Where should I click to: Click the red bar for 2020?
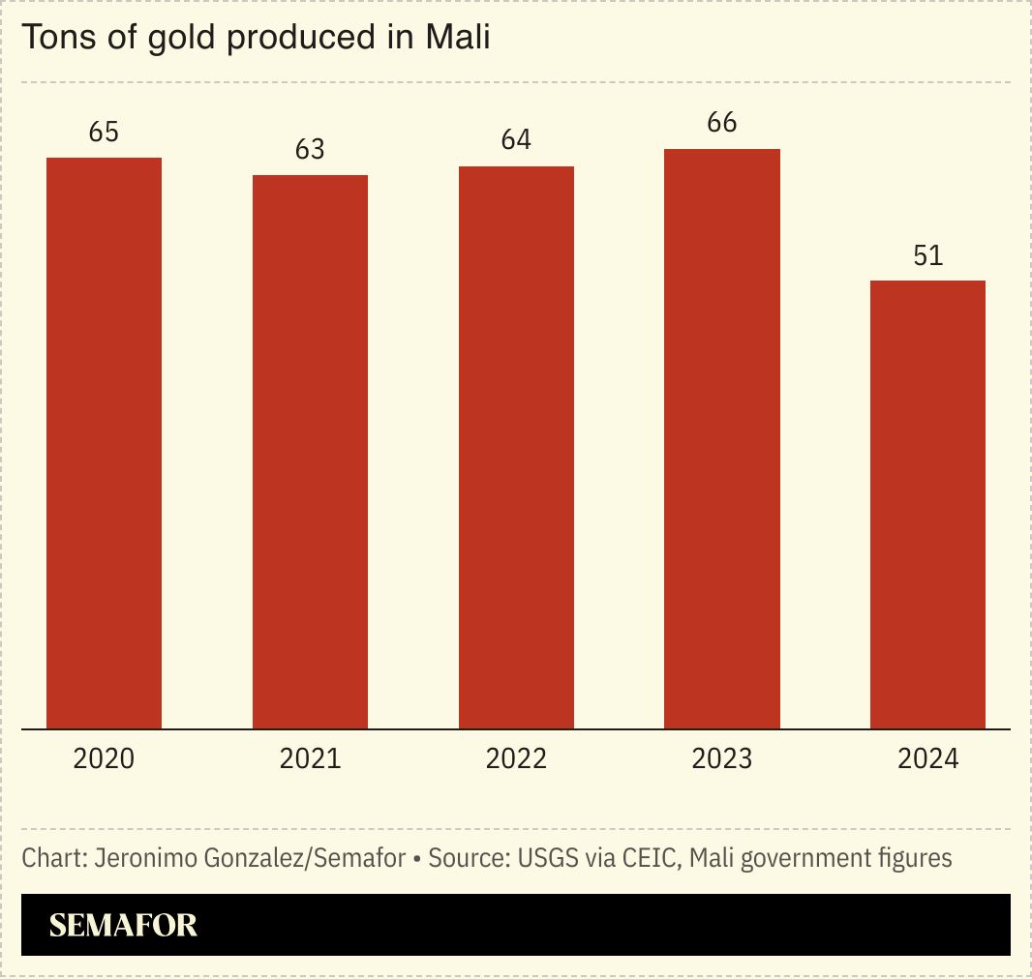click(x=105, y=443)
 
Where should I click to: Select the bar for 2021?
click(x=310, y=452)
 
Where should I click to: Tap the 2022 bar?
click(x=516, y=447)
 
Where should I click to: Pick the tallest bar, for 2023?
click(x=722, y=438)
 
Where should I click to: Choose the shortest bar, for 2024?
click(x=927, y=504)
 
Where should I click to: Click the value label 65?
click(x=104, y=133)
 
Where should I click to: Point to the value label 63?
click(x=310, y=150)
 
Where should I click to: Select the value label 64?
click(x=516, y=140)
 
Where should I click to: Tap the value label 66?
click(x=722, y=123)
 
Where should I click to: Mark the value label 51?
click(x=927, y=255)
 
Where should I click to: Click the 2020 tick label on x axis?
click(x=104, y=758)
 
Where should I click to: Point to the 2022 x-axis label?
click(x=516, y=758)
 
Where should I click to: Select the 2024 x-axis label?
click(x=927, y=758)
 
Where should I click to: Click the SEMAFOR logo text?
click(x=123, y=926)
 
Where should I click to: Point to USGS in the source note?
click(x=542, y=858)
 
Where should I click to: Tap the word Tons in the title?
click(x=51, y=38)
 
